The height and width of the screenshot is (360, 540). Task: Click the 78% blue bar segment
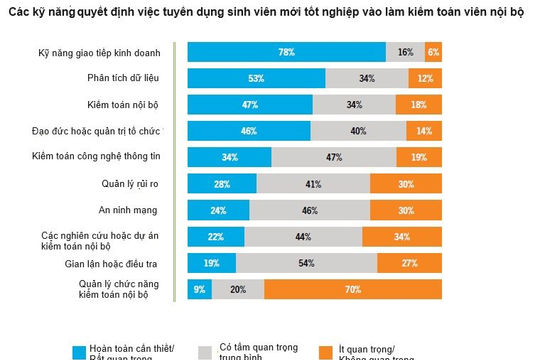286,51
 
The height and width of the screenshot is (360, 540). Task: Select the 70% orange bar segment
353,289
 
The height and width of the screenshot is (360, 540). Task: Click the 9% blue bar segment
199,289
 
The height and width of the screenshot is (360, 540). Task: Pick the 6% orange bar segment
433,51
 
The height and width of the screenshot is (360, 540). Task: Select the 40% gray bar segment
355,130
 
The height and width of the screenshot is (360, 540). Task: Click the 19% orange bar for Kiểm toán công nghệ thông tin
418,156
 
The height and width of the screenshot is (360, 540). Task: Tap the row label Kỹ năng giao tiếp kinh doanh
97,51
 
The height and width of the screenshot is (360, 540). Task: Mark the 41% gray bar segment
313,183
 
